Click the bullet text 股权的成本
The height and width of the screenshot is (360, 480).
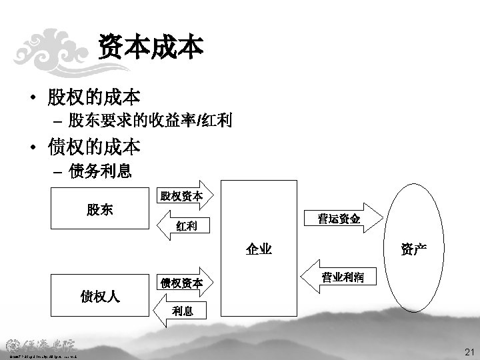93,97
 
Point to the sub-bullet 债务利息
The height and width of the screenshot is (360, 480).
100,171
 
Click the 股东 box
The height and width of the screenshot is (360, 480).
99,210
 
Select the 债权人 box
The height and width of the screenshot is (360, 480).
99,295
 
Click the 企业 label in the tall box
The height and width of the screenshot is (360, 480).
259,249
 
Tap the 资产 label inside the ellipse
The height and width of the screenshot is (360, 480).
414,249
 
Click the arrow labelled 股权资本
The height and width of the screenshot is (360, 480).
181,196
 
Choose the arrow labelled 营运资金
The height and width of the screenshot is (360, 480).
339,218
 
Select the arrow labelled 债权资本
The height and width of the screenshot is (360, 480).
181,283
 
